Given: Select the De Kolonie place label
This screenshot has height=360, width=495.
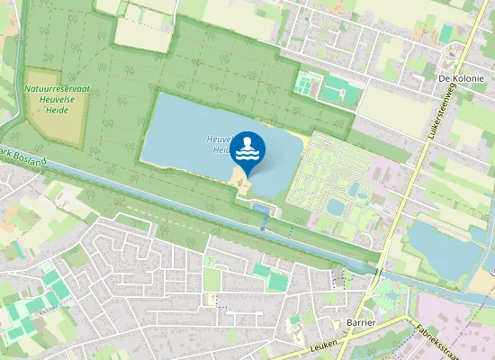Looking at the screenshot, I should [461, 78].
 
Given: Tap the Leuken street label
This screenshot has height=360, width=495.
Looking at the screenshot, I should [321, 346].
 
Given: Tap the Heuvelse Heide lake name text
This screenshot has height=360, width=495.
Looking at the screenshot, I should [220, 145].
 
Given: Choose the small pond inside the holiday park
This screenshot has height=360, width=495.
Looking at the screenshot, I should [336, 207].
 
